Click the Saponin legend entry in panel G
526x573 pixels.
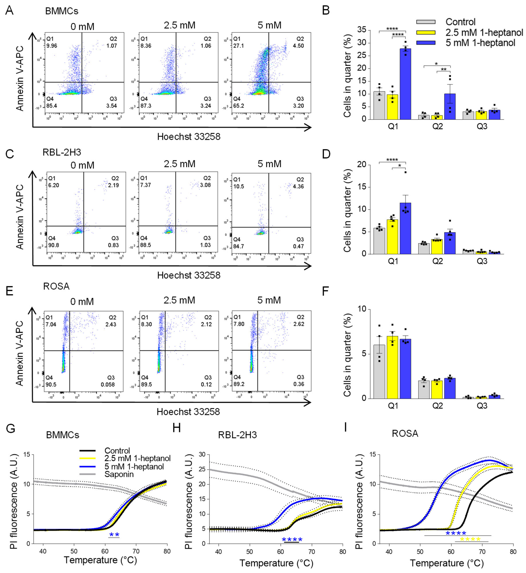(119, 474)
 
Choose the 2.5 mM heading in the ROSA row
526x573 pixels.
(179, 300)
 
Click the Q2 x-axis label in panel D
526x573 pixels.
(438, 261)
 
